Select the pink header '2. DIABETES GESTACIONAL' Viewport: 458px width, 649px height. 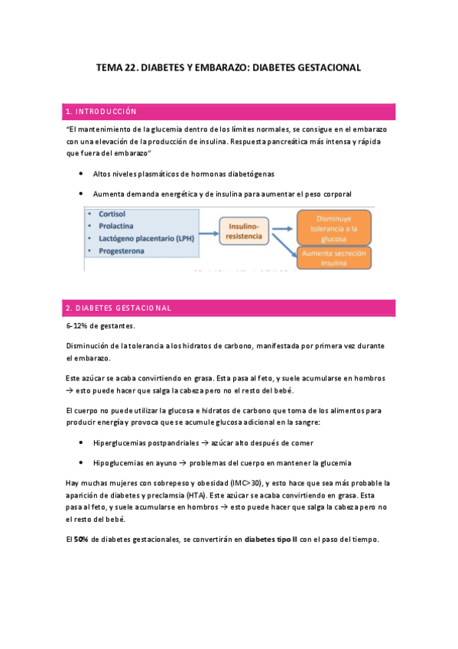coord(119,308)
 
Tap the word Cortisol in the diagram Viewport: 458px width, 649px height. coord(112,214)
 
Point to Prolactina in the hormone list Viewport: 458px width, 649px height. coord(116,227)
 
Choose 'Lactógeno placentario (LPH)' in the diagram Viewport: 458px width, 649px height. coord(147,239)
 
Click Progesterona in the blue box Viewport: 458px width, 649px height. coord(121,250)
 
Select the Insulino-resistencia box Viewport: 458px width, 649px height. coord(246,231)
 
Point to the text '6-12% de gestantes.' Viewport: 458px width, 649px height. coord(99,326)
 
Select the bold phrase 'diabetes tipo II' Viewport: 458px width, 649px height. coord(272,539)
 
